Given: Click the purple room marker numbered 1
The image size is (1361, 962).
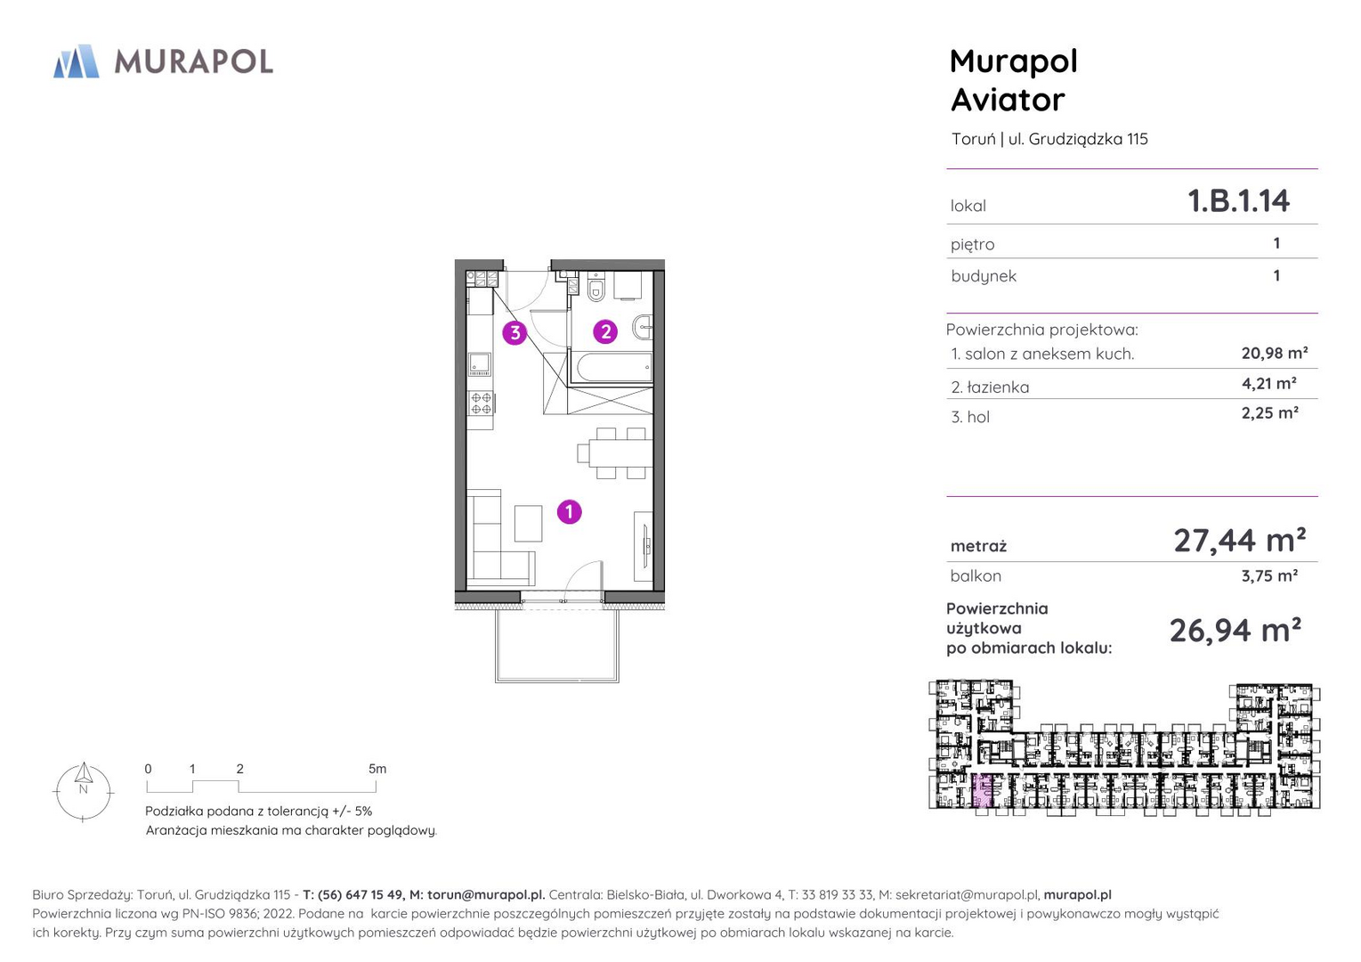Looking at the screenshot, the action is click(x=570, y=512).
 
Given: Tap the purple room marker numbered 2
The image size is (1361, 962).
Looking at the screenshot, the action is click(x=605, y=331).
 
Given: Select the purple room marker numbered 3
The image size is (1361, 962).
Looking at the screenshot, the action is click(x=514, y=332).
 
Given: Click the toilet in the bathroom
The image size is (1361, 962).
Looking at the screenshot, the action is click(x=596, y=287).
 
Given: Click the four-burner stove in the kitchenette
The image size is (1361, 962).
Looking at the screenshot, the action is click(x=481, y=403).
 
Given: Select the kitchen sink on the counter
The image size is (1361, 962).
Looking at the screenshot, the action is click(x=480, y=363).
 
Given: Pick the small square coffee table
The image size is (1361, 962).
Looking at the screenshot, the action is click(x=528, y=523).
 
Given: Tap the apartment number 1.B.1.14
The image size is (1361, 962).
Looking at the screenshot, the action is click(x=1238, y=200).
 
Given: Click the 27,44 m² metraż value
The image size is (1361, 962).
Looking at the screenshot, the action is click(x=1239, y=540).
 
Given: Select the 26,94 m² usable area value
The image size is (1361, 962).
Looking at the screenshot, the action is click(x=1235, y=630).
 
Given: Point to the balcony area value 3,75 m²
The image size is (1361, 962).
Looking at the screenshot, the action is click(x=1270, y=575).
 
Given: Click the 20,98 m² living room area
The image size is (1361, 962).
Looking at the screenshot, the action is click(x=1275, y=353).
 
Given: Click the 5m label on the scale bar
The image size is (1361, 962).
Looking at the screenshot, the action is click(x=377, y=769).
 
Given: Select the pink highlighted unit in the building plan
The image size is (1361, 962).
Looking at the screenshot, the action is click(x=982, y=790).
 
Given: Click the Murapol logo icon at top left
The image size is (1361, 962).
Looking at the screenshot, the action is click(x=76, y=61).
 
